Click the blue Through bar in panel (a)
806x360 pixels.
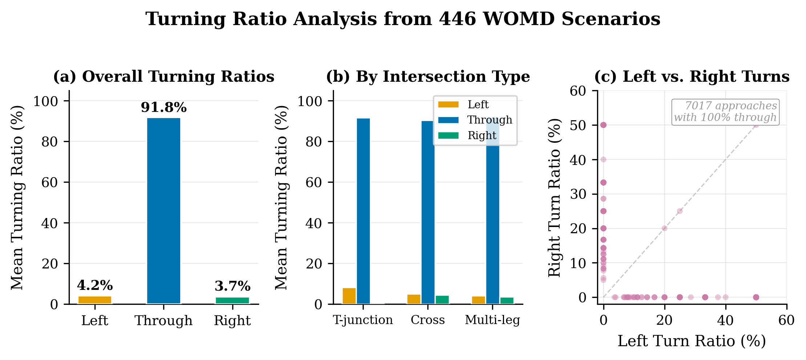[164, 211]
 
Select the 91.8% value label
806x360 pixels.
[164, 108]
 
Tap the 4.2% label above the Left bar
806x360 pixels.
[95, 286]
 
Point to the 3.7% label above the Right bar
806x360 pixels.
[233, 286]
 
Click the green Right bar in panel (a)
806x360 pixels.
[233, 300]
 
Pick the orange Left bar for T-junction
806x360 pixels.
[349, 296]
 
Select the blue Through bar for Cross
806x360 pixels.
[428, 212]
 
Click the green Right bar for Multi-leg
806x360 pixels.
[507, 300]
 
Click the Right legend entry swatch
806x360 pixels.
[448, 135]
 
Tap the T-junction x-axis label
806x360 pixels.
[363, 320]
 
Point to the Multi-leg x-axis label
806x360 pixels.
[492, 320]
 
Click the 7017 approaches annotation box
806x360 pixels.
[725, 112]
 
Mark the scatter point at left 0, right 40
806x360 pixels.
[603, 159]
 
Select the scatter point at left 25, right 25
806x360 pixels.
[680, 211]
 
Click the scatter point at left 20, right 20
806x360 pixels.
[664, 228]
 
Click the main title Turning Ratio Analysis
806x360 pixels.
[403, 19]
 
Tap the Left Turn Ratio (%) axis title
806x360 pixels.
[692, 341]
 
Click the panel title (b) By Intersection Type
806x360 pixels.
[428, 77]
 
